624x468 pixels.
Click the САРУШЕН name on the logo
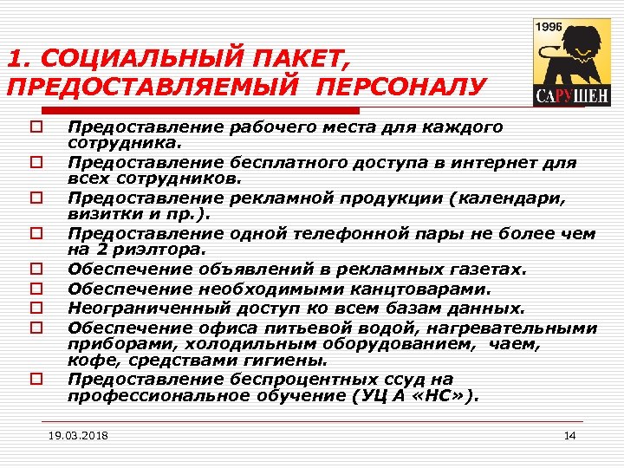(x=561, y=94)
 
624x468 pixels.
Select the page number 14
(x=569, y=435)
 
